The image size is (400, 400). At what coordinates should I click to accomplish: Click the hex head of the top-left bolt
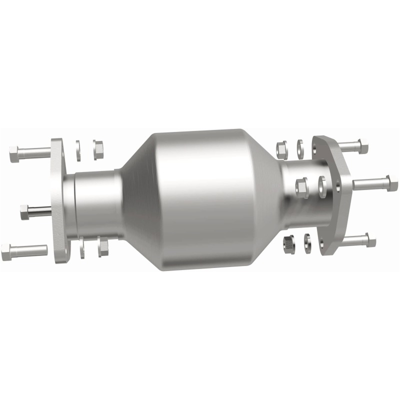click(14, 154)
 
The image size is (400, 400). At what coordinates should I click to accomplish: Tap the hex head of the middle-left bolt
click(25, 212)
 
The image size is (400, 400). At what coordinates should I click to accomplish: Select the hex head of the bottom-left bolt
click(6, 252)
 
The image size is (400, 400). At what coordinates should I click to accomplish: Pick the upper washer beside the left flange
click(78, 150)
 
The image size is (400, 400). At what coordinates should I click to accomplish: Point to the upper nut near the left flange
click(98, 147)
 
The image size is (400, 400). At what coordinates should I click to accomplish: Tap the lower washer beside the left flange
click(82, 248)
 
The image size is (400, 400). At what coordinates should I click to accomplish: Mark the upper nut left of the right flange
click(282, 149)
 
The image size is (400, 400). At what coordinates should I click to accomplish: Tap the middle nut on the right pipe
click(302, 187)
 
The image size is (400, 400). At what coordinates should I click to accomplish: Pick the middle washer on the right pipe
click(321, 185)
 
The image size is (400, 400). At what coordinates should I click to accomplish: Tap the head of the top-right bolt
click(362, 146)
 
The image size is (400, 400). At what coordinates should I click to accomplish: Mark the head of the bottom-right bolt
click(370, 240)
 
